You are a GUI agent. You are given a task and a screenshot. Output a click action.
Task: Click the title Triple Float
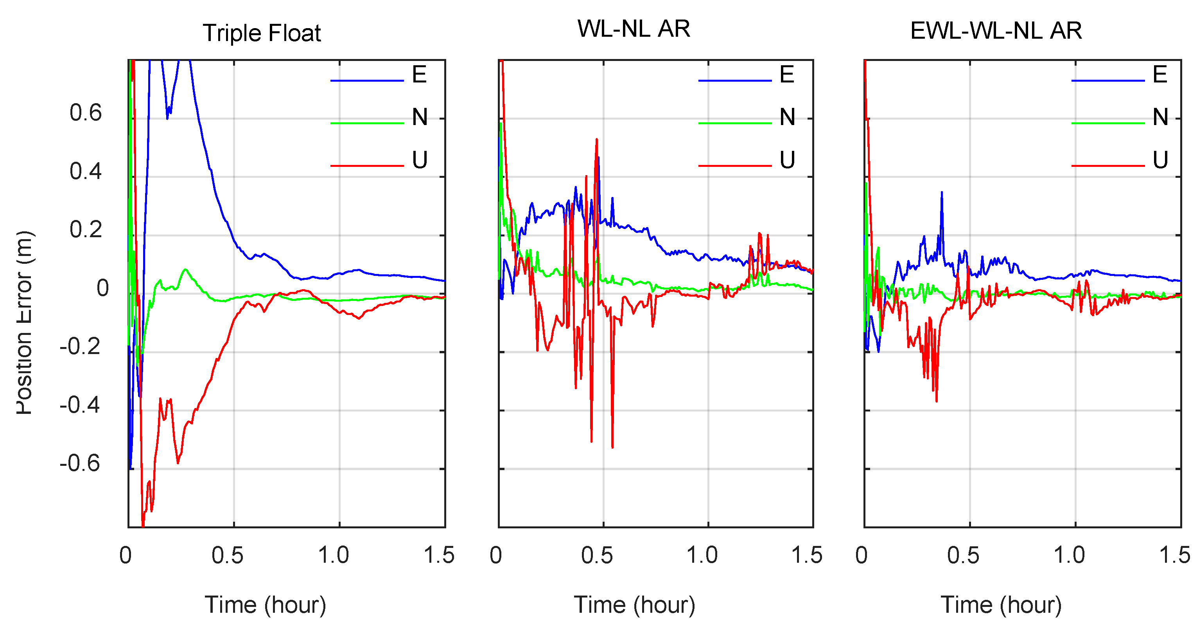pos(262,33)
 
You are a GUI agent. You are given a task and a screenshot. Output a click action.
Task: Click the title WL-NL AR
pos(634,29)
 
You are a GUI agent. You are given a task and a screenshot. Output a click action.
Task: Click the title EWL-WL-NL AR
pos(996,31)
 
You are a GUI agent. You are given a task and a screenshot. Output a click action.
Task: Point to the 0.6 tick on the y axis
pos(86,113)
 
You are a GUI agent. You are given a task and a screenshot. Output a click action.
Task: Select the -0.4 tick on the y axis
pos(80,405)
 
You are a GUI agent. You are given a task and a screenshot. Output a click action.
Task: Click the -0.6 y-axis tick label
pos(80,463)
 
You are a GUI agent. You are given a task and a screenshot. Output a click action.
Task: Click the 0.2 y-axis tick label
pos(86,230)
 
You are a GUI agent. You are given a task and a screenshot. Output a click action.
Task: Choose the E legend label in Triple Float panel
pos(419,74)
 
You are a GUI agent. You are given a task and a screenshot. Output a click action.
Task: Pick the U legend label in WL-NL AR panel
pos(787,160)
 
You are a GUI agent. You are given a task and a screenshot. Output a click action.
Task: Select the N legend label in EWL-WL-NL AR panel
pos(1160,117)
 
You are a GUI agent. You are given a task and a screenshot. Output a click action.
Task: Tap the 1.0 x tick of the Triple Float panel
pos(333,555)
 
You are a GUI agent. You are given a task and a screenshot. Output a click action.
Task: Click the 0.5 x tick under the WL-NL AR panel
pos(597,555)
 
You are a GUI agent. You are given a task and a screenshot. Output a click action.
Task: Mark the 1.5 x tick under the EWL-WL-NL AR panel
pos(1174,555)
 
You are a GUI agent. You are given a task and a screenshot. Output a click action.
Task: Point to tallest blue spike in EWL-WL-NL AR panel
pos(942,193)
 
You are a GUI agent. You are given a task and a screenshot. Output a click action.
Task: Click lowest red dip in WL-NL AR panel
pos(612,447)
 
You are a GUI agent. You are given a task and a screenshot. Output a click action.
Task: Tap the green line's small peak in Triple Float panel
pos(185,269)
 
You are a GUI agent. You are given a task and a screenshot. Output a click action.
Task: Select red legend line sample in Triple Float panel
pos(367,166)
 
